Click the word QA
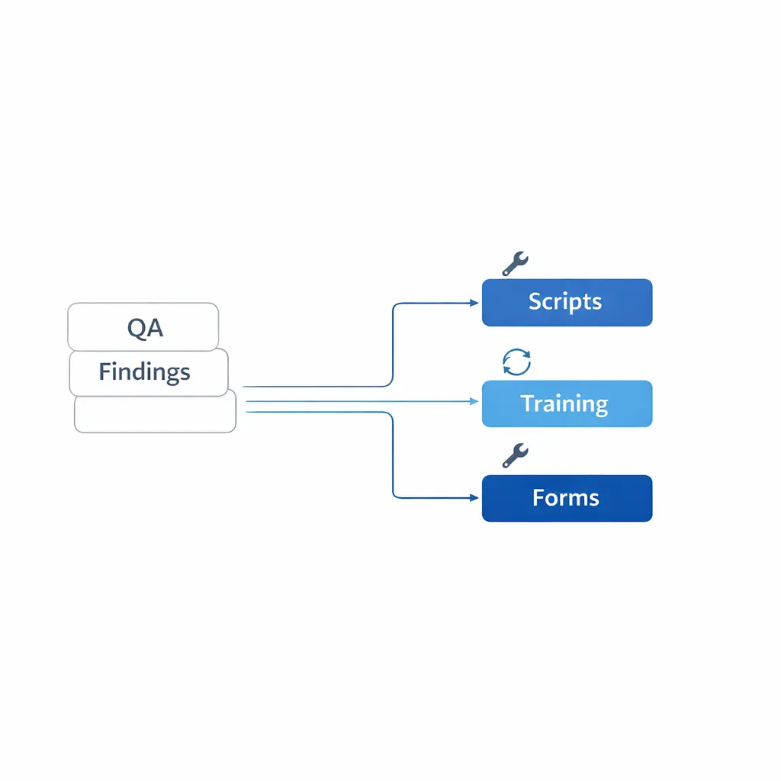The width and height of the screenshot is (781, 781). [145, 328]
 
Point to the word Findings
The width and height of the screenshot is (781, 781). [144, 372]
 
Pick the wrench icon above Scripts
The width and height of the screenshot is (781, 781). [515, 263]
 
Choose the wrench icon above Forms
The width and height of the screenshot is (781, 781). [515, 455]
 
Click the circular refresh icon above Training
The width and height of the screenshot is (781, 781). [516, 362]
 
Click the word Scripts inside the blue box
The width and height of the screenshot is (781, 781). [565, 301]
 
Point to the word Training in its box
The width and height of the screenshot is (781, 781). [564, 403]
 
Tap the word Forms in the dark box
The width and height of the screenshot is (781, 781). [565, 498]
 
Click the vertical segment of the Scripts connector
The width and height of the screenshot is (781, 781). [392, 343]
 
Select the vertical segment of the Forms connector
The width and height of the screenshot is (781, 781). [392, 458]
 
